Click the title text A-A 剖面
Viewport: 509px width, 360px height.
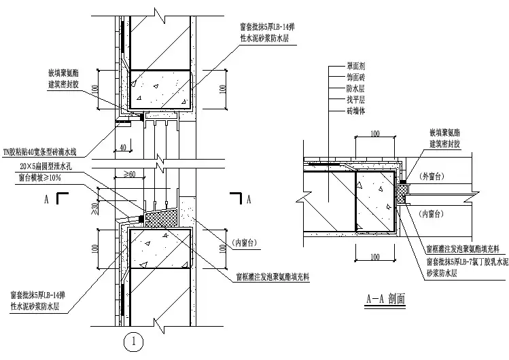click(386, 299)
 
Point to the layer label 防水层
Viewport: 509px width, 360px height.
click(357, 89)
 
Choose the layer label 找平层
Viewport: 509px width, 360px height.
click(357, 100)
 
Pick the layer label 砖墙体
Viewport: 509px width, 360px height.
click(357, 111)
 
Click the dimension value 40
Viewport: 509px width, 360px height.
click(122, 147)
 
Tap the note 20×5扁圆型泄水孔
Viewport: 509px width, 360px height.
click(46, 167)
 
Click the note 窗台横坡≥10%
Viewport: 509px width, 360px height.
click(43, 178)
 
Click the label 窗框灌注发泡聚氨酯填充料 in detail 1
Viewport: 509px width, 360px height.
click(273, 277)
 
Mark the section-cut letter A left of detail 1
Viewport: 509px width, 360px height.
click(45, 200)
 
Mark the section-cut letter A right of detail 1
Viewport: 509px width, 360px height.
click(250, 199)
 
